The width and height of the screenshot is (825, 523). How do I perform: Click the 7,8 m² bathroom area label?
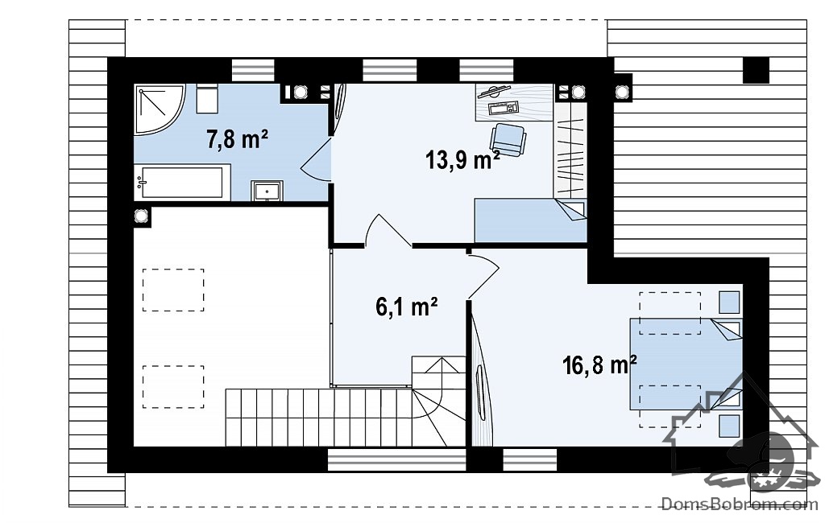238,139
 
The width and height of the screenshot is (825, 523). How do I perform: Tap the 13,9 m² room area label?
462,159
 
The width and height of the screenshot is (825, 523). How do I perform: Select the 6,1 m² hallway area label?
407,307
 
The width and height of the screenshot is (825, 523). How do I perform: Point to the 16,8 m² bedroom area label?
599,364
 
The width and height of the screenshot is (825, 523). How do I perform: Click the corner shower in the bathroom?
158,109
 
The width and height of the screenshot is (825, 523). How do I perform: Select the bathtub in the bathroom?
182,182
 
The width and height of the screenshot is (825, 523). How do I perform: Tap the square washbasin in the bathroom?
267,190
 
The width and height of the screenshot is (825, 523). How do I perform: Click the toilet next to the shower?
207,99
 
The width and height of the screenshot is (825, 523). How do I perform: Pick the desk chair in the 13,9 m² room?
508,138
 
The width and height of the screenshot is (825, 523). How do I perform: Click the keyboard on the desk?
504,109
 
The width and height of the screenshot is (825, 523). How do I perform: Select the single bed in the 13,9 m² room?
530,220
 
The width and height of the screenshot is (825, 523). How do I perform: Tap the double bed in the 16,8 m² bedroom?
686,364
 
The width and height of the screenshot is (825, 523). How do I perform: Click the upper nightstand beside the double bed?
729,303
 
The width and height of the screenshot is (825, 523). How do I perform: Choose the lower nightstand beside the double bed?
729,425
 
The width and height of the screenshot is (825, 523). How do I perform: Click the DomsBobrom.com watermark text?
740,504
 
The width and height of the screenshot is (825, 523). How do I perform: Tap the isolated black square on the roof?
756,70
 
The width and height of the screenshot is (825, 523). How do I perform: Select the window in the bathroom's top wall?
253,70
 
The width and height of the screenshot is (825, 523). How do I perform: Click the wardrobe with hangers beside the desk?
570,150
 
